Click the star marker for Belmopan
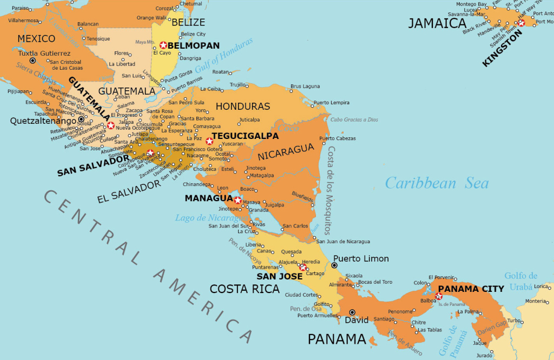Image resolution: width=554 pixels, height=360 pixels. pyautogui.click(x=163, y=45)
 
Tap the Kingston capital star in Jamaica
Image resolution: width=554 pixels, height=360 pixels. pyautogui.click(x=521, y=23)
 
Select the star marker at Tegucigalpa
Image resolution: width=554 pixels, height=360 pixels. pyautogui.click(x=209, y=141)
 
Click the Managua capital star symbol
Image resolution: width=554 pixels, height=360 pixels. pyautogui.click(x=237, y=200)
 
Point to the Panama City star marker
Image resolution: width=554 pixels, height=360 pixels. pyautogui.click(x=439, y=296)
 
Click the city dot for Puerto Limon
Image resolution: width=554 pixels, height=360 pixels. pyautogui.click(x=334, y=265)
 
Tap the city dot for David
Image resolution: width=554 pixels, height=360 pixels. pyautogui.click(x=352, y=312)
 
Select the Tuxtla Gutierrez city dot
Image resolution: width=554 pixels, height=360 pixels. pyautogui.click(x=32, y=61)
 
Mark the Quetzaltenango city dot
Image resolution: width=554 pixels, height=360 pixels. pyautogui.click(x=81, y=119)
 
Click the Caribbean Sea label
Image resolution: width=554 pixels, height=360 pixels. pyautogui.click(x=437, y=183)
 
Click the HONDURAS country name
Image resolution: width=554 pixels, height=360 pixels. pyautogui.click(x=242, y=106)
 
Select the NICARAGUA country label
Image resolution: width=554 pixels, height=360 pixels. pyautogui.click(x=286, y=152)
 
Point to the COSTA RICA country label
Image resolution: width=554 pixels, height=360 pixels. pyautogui.click(x=245, y=289)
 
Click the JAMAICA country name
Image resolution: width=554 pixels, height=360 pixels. pyautogui.click(x=437, y=23)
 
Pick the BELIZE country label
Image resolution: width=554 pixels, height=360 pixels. pyautogui.click(x=188, y=22)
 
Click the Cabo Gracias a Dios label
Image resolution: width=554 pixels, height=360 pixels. pyautogui.click(x=354, y=119)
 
